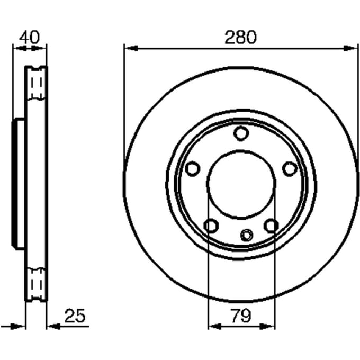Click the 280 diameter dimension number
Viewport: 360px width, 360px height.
point(240,38)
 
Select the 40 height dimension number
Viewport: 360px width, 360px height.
point(30,37)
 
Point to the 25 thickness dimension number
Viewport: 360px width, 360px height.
point(75,316)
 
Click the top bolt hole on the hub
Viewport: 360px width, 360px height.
point(241,133)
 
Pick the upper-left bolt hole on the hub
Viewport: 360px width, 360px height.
point(192,168)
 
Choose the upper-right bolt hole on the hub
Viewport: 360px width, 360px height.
point(290,168)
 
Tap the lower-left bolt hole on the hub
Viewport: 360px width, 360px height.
point(211,226)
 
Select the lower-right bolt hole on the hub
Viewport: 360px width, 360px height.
point(271,226)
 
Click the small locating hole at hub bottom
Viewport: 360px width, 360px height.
point(247,235)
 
